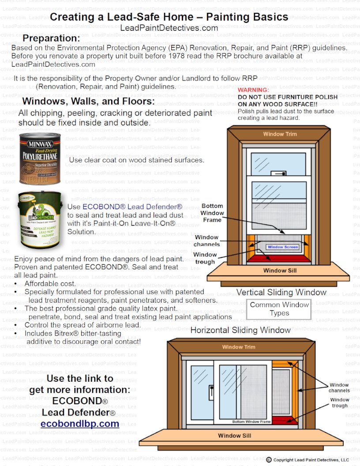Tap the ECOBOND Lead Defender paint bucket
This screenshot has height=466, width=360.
click(40, 219)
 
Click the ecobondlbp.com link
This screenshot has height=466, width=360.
click(80, 424)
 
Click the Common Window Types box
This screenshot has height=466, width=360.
click(279, 309)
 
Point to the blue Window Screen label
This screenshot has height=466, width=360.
click(283, 247)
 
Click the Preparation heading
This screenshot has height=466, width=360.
click(51, 38)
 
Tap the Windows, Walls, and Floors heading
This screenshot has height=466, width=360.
click(88, 101)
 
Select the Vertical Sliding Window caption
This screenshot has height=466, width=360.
click(281, 292)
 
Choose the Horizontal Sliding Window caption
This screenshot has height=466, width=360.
click(240, 330)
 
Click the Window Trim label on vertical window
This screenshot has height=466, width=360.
click(280, 134)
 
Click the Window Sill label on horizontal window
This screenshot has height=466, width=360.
click(235, 436)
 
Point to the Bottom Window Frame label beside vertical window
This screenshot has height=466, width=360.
click(212, 213)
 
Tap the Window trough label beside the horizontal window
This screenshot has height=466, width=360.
click(339, 402)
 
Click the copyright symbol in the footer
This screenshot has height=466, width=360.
click(269, 460)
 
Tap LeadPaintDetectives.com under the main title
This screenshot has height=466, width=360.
click(169, 28)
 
